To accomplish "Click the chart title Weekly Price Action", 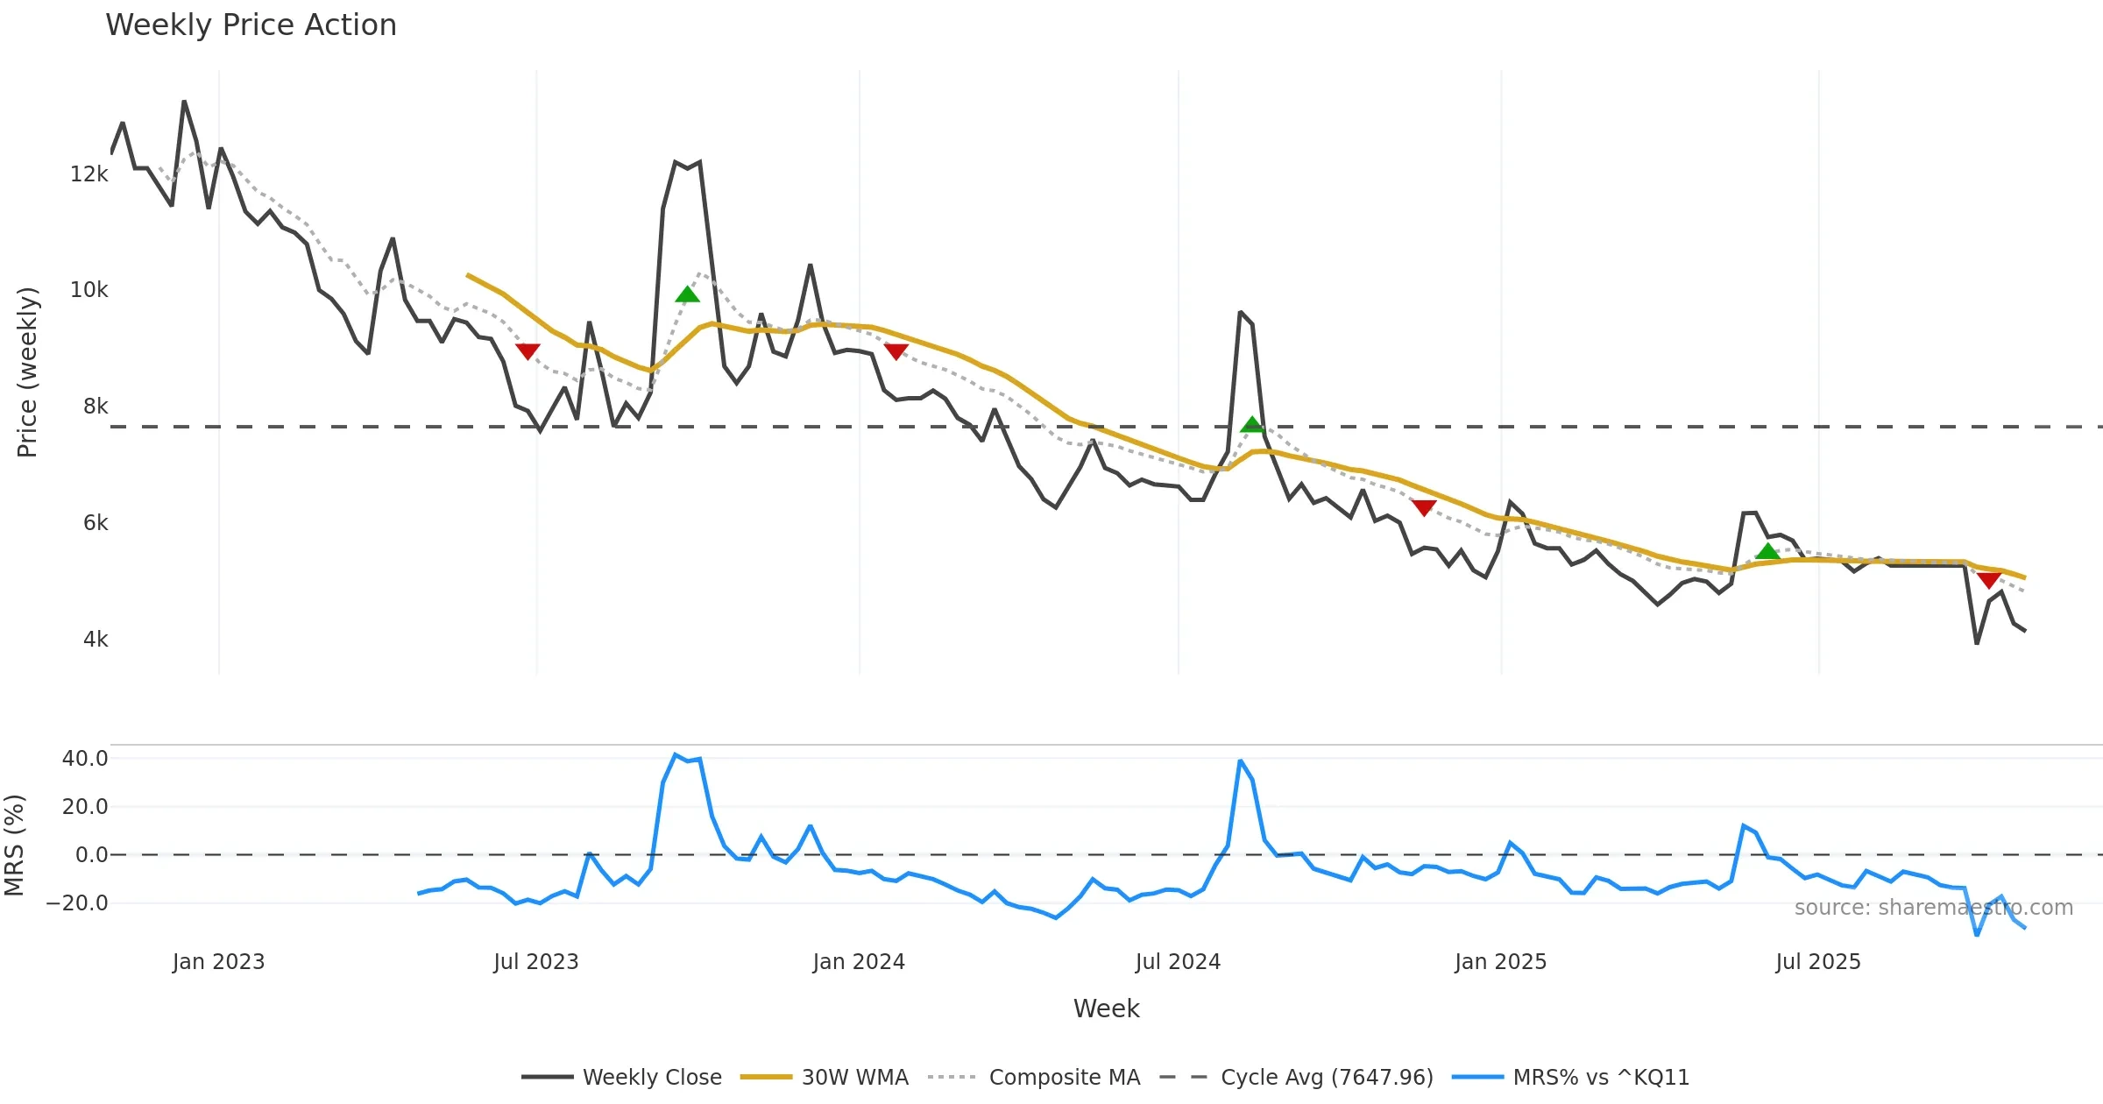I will pyautogui.click(x=251, y=25).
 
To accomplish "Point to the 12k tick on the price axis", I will pyautogui.click(x=89, y=174).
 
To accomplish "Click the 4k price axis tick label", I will pyautogui.click(x=96, y=640).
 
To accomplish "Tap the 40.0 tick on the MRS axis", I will pyautogui.click(x=85, y=759).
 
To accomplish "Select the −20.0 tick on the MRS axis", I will pyautogui.click(x=78, y=903).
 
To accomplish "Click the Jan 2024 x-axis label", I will pyautogui.click(x=859, y=962).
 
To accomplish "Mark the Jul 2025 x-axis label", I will pyautogui.click(x=1818, y=962).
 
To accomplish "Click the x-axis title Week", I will pyautogui.click(x=1106, y=1008).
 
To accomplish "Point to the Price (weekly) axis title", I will pyautogui.click(x=27, y=372).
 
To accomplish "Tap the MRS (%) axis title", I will pyautogui.click(x=14, y=846).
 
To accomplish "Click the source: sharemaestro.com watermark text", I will pyautogui.click(x=1934, y=908).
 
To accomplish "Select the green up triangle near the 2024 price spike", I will pyautogui.click(x=1252, y=426).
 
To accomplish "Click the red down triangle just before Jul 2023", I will pyautogui.click(x=528, y=351).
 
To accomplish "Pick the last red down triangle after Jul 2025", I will pyautogui.click(x=1989, y=580).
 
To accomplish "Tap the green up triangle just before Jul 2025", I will pyautogui.click(x=1768, y=551).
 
